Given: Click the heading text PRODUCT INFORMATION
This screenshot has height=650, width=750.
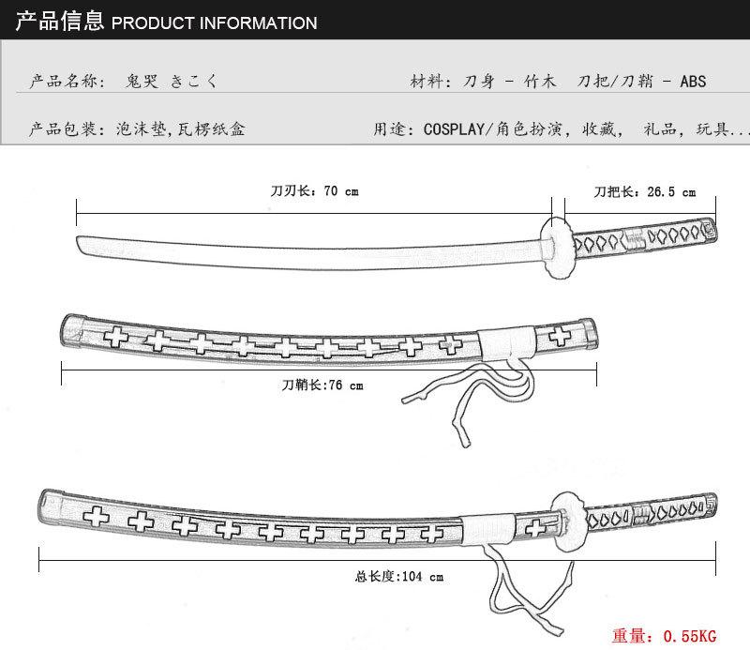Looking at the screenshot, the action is point(214,23).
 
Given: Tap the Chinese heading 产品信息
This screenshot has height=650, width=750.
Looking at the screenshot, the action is point(58,21).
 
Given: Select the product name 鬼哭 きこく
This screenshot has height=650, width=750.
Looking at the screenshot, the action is point(172,82).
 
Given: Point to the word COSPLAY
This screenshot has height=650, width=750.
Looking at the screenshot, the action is point(455,129).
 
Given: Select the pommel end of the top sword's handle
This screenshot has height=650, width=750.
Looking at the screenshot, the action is point(711,228).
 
